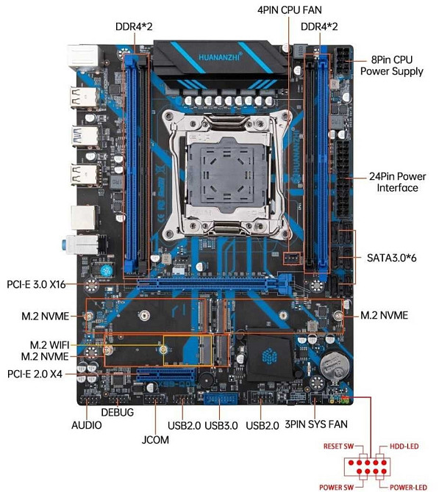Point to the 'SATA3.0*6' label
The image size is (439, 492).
coord(392,258)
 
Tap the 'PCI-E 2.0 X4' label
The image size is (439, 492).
coord(35,374)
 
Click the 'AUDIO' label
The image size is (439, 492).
coord(87,425)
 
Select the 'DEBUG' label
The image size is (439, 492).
coord(118,413)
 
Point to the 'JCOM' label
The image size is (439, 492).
coord(155,440)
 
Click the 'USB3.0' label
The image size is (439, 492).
coord(222,425)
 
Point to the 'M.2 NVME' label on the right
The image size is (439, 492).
coord(383,315)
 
